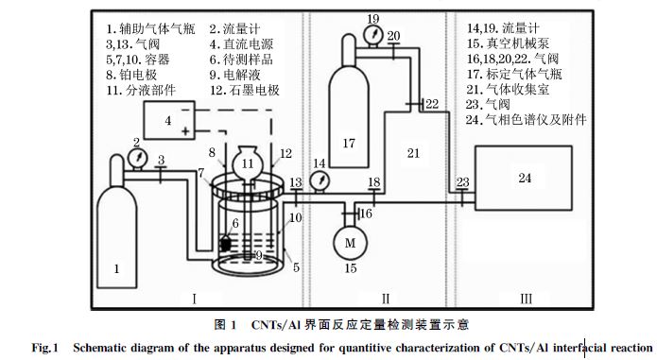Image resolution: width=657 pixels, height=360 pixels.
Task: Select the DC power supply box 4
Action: [168, 121]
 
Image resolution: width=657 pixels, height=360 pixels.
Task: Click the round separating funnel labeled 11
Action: [250, 163]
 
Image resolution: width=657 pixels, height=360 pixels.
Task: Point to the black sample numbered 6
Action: [226, 244]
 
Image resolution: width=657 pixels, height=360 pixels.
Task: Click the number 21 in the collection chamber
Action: [414, 151]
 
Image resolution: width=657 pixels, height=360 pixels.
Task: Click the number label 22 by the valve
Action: [431, 103]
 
